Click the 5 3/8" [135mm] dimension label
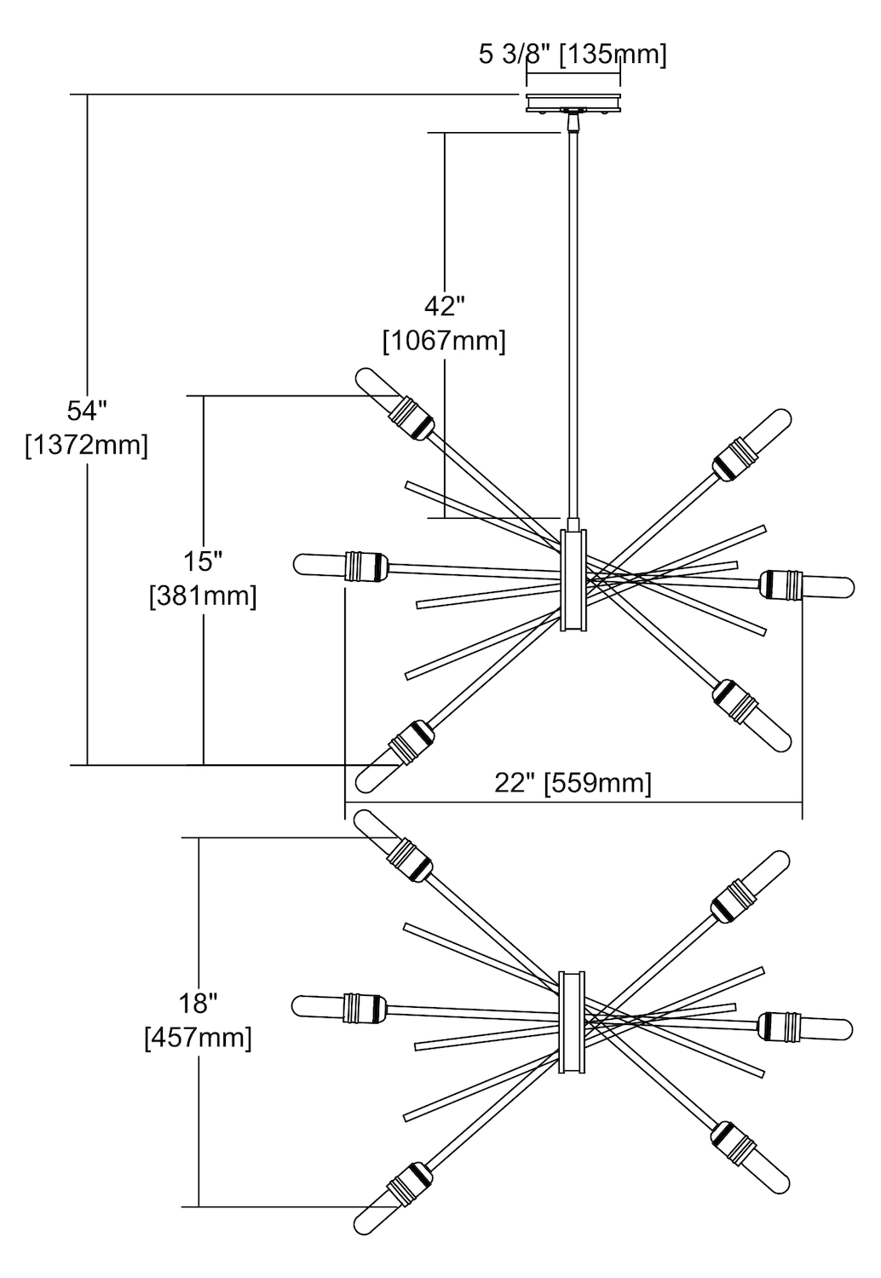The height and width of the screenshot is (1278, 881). [572, 55]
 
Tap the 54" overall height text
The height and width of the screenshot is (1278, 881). [87, 410]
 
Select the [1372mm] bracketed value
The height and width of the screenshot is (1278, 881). [87, 445]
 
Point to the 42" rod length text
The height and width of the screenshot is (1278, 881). [445, 307]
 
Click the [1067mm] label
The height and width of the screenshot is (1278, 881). [445, 341]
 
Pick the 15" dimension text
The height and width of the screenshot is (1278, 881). [203, 561]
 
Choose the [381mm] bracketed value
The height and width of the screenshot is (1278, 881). [203, 596]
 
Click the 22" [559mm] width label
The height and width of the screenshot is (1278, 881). [573, 783]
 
